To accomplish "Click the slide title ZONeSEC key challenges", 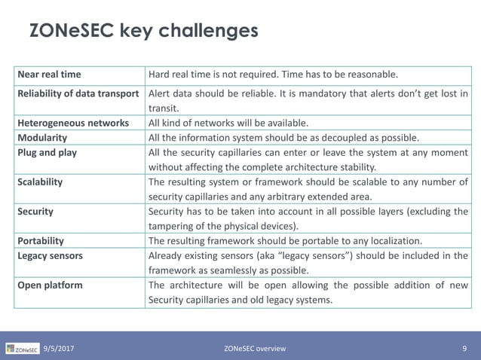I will click(x=143, y=32).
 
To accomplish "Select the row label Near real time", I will click(x=49, y=75).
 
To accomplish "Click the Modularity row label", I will click(x=43, y=138).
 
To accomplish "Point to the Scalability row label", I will click(x=41, y=182).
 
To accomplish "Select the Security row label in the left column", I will click(x=35, y=212).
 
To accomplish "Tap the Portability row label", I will click(x=41, y=241).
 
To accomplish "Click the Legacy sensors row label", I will click(x=51, y=256).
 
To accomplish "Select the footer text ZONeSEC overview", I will click(x=255, y=348).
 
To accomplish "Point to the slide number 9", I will click(x=464, y=348).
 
